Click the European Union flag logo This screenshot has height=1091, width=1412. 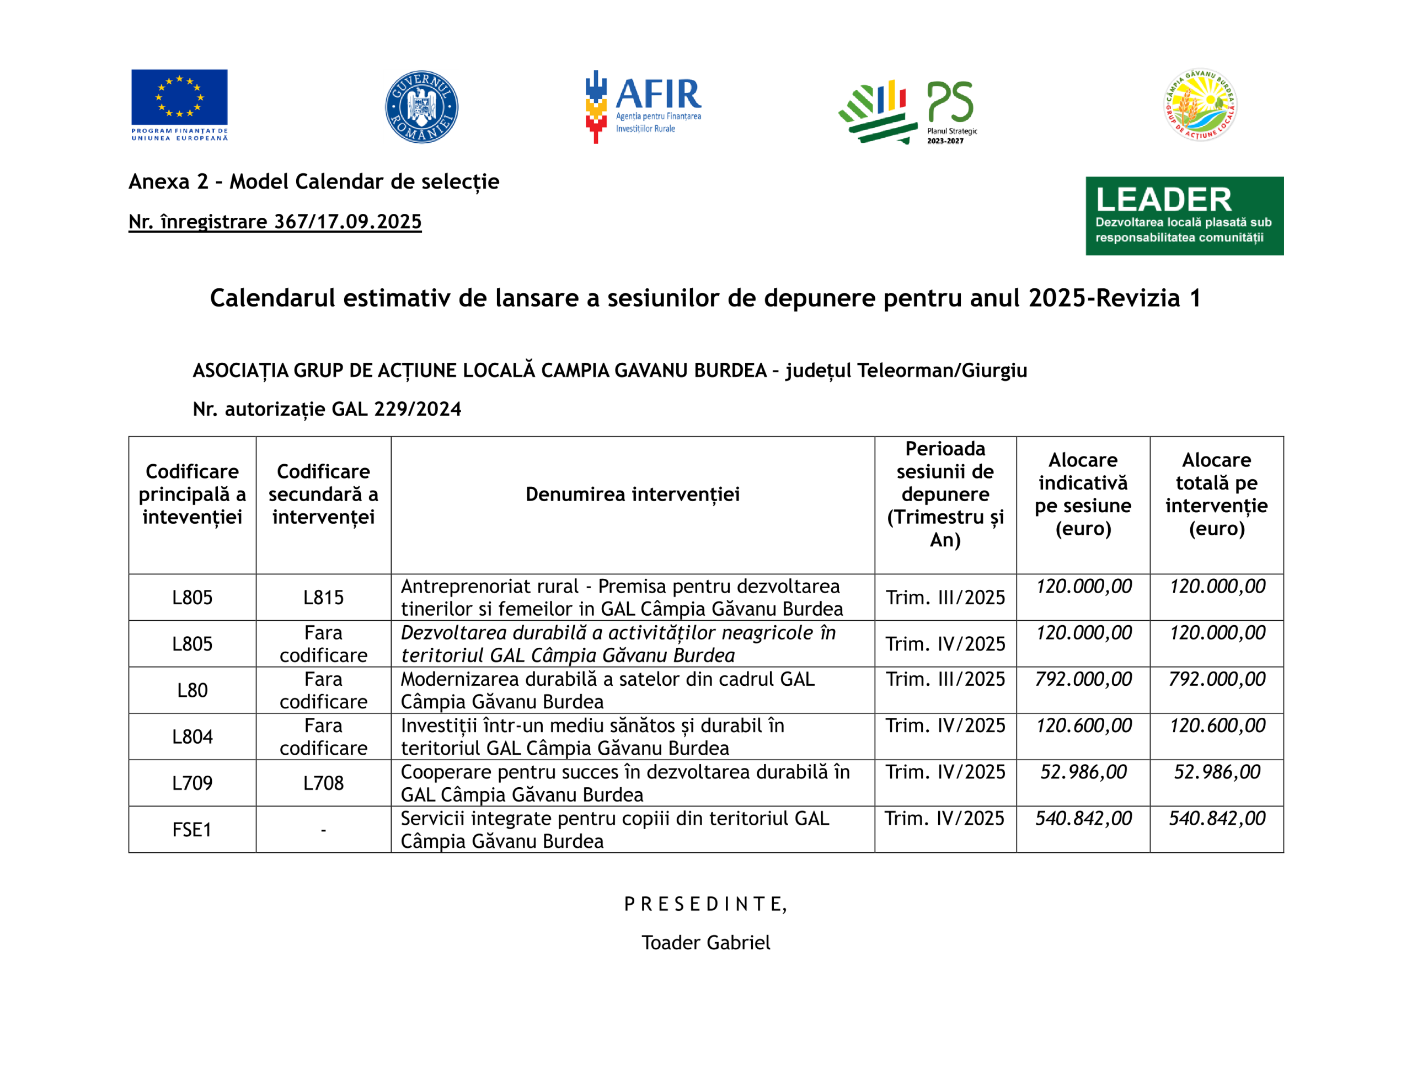179,105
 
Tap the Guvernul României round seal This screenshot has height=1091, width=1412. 421,106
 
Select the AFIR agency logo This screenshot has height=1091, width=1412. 643,106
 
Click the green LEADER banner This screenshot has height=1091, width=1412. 1184,216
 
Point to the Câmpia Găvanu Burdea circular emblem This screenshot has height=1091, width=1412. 1201,105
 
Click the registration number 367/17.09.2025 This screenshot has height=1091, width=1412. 275,222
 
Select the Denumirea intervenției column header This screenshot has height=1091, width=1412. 632,495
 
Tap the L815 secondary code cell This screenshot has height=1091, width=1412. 323,597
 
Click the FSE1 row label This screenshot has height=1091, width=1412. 192,829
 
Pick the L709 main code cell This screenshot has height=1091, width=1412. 192,783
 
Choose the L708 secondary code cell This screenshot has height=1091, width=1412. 323,783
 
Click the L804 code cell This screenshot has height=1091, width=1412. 192,736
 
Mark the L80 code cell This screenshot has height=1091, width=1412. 192,690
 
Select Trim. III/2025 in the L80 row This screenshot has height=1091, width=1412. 945,679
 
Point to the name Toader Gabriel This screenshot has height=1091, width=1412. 705,942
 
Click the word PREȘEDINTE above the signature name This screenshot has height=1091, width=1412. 705,904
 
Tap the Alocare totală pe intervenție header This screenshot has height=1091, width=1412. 1216,495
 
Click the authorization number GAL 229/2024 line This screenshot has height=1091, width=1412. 327,409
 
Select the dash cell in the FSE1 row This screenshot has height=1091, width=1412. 323,829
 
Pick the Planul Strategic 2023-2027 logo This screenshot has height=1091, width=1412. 908,111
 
